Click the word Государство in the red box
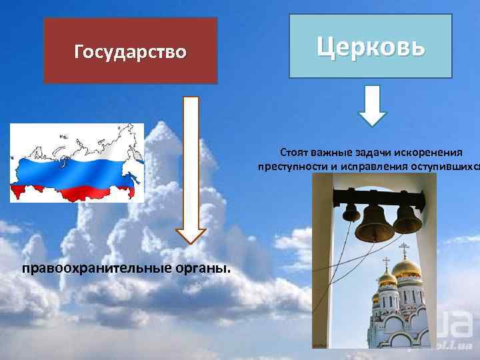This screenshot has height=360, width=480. coord(130,51)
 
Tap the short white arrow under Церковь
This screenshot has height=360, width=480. coord(373,105)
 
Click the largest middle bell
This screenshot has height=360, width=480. coord(374,224)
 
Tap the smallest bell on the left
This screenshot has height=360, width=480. coord(351,212)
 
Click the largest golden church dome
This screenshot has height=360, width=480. coord(405,268)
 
